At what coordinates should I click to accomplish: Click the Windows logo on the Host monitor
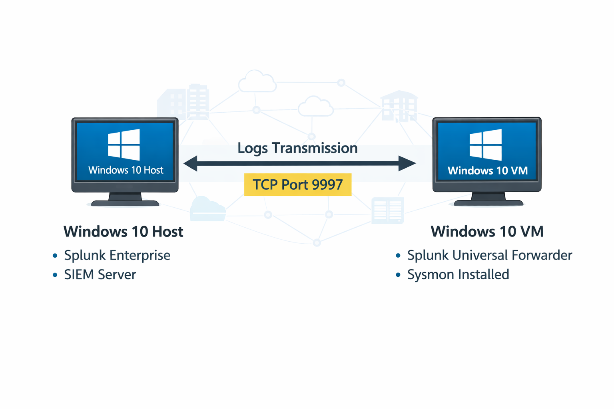[124, 144]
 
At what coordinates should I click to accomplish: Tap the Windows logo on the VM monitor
[486, 145]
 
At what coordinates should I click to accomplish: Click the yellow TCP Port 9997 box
[298, 185]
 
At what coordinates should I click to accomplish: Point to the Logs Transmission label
[297, 148]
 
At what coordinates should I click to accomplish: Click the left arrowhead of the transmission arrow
[191, 163]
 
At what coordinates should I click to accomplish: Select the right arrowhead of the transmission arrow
[407, 163]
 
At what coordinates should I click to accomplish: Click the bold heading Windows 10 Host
[123, 232]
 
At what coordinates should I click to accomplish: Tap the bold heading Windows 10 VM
[487, 232]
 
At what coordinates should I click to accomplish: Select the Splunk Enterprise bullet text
[117, 255]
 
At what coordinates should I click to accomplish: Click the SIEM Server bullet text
[100, 275]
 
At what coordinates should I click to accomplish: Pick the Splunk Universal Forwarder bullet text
[490, 255]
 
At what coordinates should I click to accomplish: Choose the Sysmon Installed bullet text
[458, 275]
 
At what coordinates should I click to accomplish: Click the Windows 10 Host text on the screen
[126, 170]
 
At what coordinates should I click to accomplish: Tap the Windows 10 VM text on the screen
[488, 171]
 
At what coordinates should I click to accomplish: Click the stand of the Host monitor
[125, 200]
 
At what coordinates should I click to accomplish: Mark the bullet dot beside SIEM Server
[55, 275]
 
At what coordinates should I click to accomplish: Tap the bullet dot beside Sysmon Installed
[398, 275]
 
